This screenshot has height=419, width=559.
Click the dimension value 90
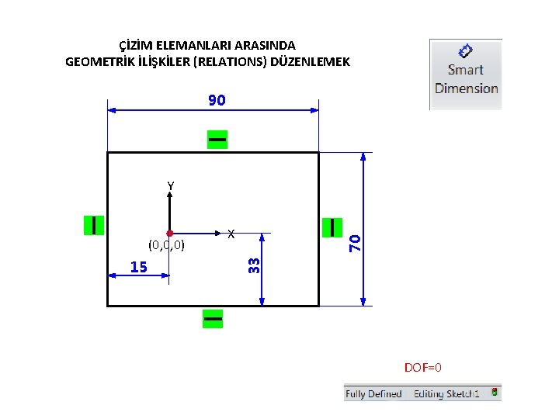point(217,100)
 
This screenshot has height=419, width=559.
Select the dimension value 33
point(253,265)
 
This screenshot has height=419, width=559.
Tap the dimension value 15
point(139,267)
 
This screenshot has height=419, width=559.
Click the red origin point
point(169,233)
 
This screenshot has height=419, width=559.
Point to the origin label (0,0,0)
point(166,245)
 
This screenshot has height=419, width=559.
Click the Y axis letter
point(170,186)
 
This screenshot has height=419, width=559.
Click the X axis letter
point(231,233)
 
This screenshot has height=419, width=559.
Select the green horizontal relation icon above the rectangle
point(217,139)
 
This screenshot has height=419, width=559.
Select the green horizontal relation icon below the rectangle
point(212,318)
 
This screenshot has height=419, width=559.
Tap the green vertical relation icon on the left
point(94,224)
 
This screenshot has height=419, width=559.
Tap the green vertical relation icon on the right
point(332,227)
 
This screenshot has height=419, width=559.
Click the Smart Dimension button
point(466,74)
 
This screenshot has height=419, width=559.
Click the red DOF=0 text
point(422,367)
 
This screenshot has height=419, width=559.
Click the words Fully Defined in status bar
point(373,394)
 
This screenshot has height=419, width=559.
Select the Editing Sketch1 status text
point(446,394)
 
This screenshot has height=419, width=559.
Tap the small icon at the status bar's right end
point(495,393)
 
